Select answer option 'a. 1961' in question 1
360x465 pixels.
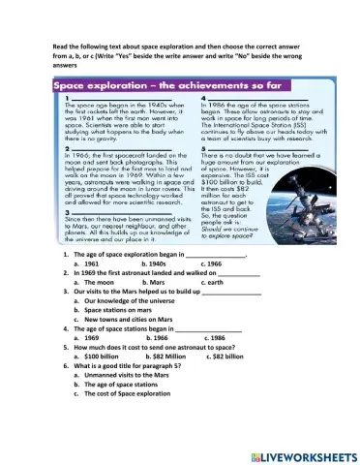(88, 263)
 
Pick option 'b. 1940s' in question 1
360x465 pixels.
(156, 263)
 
